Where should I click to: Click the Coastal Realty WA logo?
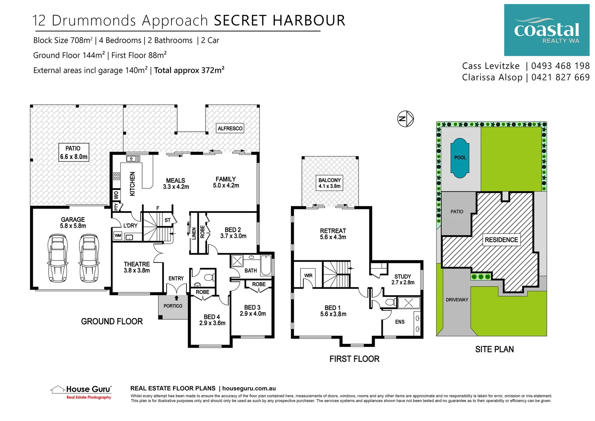[546, 30]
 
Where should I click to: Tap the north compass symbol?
[405, 119]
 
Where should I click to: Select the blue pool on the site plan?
[459, 158]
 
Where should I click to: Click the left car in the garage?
[57, 258]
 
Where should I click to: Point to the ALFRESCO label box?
[230, 128]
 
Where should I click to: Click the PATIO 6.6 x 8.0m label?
[74, 152]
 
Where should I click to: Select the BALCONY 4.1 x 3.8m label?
[329, 183]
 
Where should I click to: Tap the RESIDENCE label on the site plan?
[501, 240]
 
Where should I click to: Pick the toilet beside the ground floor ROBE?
[208, 277]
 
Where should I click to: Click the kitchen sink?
[133, 159]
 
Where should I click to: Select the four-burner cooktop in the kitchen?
[116, 176]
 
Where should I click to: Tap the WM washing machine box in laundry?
[118, 235]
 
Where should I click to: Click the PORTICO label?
[173, 306]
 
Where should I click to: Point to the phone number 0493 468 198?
[560, 66]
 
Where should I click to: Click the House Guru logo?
[82, 391]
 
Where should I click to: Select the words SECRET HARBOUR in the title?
[279, 21]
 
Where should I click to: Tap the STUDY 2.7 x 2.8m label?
[403, 279]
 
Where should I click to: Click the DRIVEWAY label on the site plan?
[457, 300]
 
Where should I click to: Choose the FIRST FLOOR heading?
[354, 359]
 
